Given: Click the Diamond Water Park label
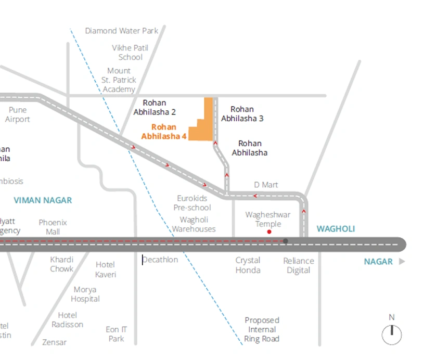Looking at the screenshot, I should [122, 31].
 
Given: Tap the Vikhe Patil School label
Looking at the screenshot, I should [130, 53].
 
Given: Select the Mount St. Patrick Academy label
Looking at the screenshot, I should [119, 80].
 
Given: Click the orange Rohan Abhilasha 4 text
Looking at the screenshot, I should [164, 132].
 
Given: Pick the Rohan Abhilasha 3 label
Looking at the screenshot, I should [242, 114].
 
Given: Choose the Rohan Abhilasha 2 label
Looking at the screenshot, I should [155, 107].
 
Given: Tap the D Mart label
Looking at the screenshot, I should [266, 185].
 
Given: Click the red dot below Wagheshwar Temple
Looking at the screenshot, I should [269, 232].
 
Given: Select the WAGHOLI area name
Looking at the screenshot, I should [336, 229].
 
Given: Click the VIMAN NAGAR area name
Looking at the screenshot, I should [43, 200].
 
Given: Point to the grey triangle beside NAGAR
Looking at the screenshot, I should [402, 262].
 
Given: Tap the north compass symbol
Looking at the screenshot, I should [392, 333].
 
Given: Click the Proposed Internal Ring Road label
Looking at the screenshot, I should [262, 329].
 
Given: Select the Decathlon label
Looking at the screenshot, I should [160, 260].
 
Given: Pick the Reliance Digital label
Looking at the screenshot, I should [298, 265].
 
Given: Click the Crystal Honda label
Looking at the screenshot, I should [248, 265].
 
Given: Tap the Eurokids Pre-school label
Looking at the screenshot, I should [192, 203].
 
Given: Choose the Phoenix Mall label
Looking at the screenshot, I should [53, 227].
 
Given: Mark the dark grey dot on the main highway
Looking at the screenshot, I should [285, 241].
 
